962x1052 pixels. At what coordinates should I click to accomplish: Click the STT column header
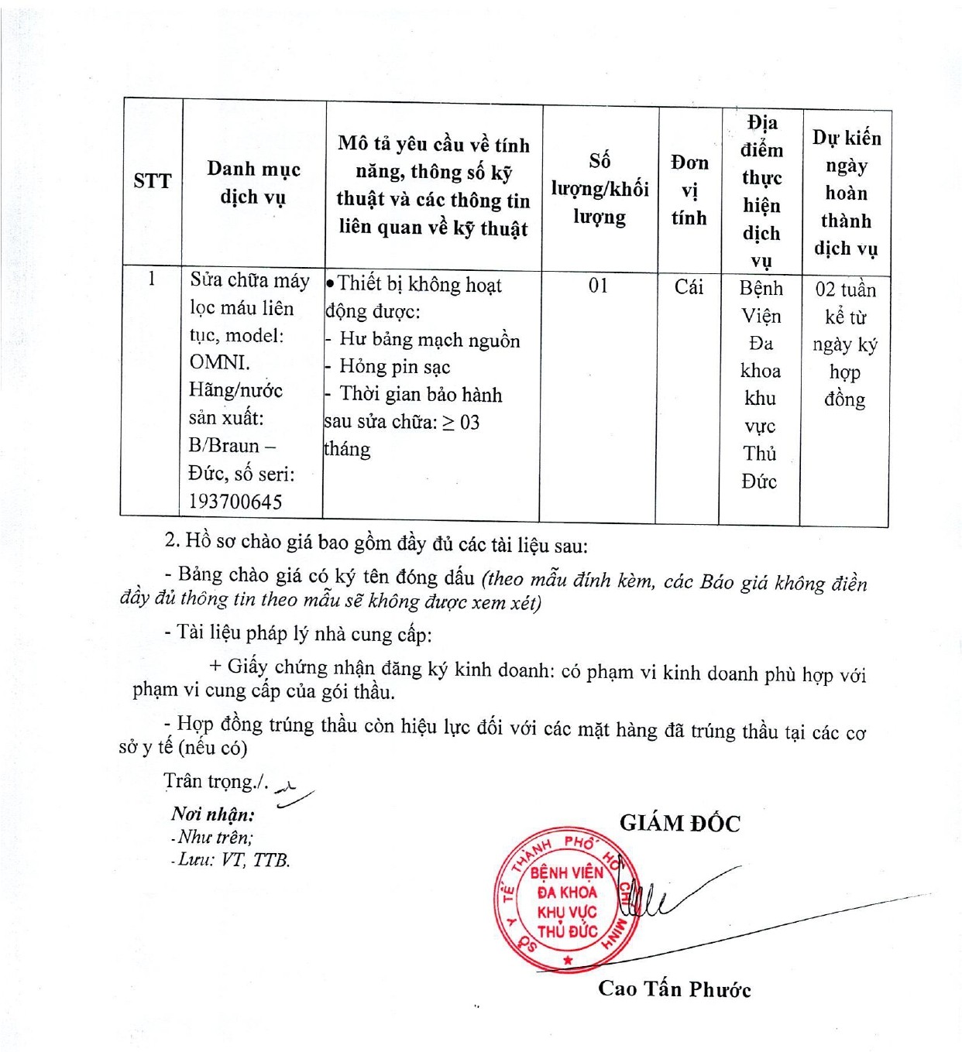click(152, 181)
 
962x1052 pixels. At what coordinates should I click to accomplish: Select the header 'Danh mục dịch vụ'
click(253, 183)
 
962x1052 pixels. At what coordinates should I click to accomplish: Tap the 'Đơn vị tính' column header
click(689, 190)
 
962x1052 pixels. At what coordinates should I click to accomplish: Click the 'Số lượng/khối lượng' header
click(600, 189)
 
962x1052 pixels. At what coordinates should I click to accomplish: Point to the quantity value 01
click(598, 286)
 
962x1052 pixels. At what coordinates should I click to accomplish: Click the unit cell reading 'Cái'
click(689, 287)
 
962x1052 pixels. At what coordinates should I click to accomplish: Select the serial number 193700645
click(235, 502)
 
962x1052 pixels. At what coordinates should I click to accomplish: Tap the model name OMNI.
click(220, 362)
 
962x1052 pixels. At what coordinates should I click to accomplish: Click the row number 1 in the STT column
click(152, 279)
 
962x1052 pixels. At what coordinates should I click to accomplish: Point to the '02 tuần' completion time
click(845, 290)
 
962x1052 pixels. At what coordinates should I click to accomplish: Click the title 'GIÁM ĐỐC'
click(679, 824)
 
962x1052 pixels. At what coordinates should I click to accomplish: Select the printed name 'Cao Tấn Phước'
click(674, 989)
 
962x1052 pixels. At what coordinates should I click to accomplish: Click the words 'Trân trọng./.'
click(216, 782)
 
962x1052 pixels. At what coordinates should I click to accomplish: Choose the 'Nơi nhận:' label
click(212, 814)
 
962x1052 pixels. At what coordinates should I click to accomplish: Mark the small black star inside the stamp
click(568, 961)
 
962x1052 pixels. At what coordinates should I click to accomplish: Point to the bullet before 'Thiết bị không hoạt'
click(331, 284)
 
